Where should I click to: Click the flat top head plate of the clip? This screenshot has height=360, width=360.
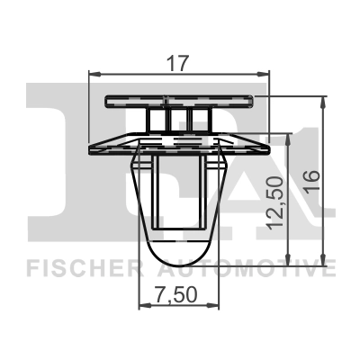(179, 99)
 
